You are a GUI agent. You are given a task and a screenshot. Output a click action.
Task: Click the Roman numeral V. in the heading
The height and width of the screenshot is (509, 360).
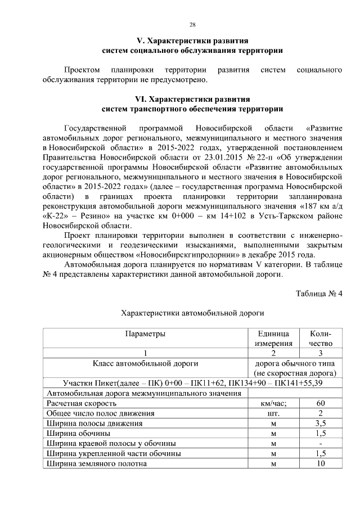[x=142, y=41]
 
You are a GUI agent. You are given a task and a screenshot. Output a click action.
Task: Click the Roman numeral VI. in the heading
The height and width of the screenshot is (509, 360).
[x=134, y=99]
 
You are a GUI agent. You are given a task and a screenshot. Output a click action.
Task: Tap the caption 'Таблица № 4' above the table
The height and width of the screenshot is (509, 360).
[x=318, y=292]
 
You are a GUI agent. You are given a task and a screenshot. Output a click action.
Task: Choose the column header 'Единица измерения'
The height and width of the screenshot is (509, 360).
[x=273, y=338]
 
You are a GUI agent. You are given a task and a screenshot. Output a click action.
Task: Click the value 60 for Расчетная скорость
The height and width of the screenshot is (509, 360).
[x=320, y=403]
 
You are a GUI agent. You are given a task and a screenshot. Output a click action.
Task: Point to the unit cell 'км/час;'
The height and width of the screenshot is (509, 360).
[x=273, y=403]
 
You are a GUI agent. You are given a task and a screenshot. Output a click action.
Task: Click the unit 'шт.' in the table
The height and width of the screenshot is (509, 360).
[x=273, y=413]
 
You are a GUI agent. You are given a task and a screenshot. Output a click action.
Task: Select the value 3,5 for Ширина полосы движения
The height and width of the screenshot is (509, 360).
[x=320, y=424]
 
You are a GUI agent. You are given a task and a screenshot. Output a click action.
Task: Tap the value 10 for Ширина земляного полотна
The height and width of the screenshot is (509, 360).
[x=320, y=463]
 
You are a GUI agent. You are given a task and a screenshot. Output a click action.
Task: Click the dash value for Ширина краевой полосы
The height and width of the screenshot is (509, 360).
[x=320, y=444]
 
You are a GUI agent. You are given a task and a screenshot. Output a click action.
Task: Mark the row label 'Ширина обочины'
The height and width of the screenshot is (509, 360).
[x=79, y=434]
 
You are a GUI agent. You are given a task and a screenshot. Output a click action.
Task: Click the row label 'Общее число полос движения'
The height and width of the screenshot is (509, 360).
[x=100, y=413]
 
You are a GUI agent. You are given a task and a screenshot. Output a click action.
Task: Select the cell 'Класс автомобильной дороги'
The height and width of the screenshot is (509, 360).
[x=145, y=363]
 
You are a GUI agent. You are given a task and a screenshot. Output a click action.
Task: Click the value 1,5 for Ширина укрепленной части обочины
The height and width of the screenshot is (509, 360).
[x=320, y=453]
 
